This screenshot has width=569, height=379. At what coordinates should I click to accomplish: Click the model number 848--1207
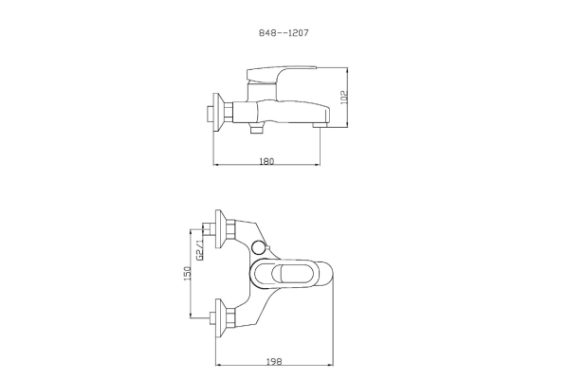pyautogui.click(x=284, y=33)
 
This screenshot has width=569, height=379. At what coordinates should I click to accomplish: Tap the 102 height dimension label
pyautogui.click(x=344, y=98)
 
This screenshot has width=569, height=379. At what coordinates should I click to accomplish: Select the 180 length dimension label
pyautogui.click(x=266, y=161)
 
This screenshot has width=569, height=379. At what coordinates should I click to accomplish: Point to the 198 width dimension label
pyautogui.click(x=274, y=361)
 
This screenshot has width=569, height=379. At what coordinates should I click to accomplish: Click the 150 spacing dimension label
pyautogui.click(x=187, y=274)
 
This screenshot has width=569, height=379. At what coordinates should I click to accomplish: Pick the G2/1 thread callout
pyautogui.click(x=199, y=250)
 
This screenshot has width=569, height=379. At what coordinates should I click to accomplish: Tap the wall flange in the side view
pyautogui.click(x=218, y=113)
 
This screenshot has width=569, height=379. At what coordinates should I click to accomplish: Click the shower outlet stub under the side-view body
pyautogui.click(x=257, y=128)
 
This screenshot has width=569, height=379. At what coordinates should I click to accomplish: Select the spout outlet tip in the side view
pyautogui.click(x=320, y=125)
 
